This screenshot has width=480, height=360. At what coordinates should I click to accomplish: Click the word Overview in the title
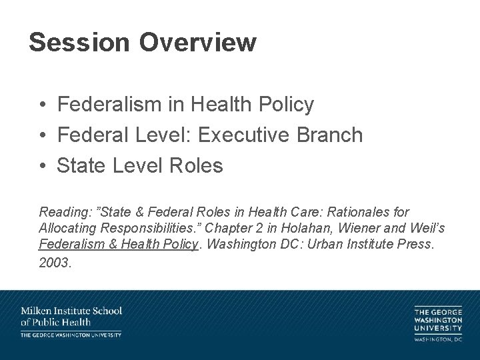198,43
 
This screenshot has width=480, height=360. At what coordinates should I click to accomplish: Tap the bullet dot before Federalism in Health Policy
42,105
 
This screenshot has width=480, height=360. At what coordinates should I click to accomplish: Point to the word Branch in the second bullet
331,135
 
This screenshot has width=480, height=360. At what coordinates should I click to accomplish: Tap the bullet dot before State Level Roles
42,166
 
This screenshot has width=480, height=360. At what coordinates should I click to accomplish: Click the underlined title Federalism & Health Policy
119,245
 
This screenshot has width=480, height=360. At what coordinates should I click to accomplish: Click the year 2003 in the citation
53,262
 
